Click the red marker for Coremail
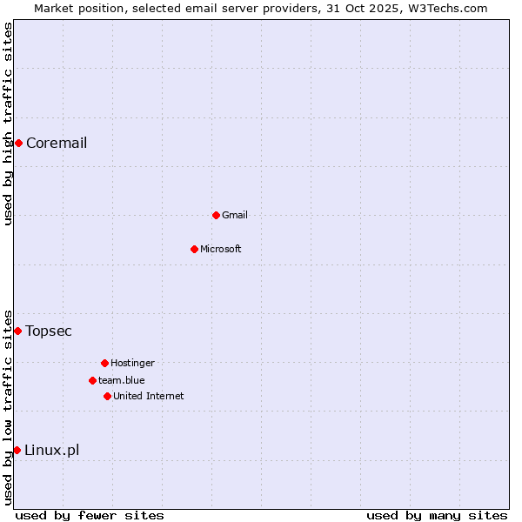coord(18,143)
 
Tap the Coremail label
coord(57,143)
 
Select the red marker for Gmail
coord(216,215)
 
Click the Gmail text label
coord(235,215)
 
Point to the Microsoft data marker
coord(194,249)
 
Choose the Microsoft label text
coord(221,249)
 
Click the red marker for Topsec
coord(17,331)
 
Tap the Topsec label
coord(49,331)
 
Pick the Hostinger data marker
coord(104,363)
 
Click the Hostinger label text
coord(132,363)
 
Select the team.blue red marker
coord(92,380)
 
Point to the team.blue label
coord(122,380)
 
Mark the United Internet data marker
coord(107,396)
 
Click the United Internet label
coord(149,396)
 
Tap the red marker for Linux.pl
coord(17,450)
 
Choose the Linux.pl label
coord(52,450)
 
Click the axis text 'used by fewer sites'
coord(90,515)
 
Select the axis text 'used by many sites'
coord(437,515)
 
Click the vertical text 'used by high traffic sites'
coord(8,124)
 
